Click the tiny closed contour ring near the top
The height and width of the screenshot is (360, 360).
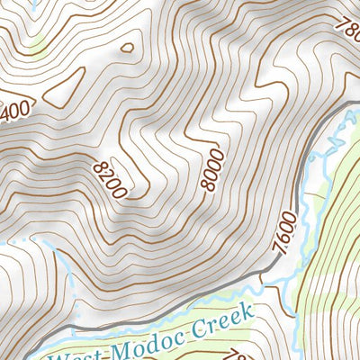tap(127, 48)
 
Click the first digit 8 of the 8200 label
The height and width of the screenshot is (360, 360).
tap(98, 165)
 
